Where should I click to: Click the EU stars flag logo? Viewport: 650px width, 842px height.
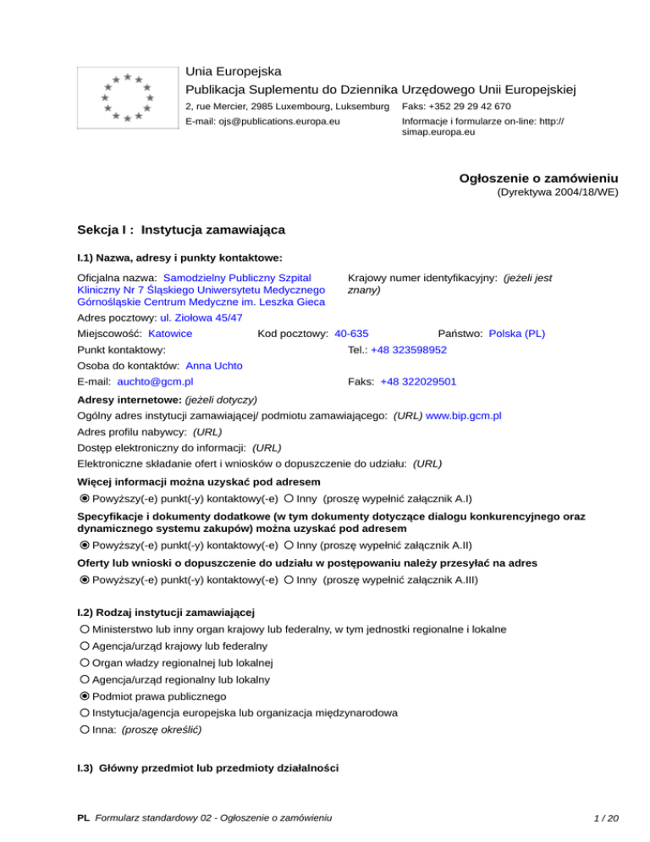125,97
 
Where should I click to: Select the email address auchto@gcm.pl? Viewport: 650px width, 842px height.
155,382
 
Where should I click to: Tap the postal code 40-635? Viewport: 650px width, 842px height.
351,334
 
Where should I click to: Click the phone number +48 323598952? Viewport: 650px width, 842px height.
409,350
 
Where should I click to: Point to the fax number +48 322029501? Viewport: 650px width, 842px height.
418,382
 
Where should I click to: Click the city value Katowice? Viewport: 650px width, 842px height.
170,334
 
